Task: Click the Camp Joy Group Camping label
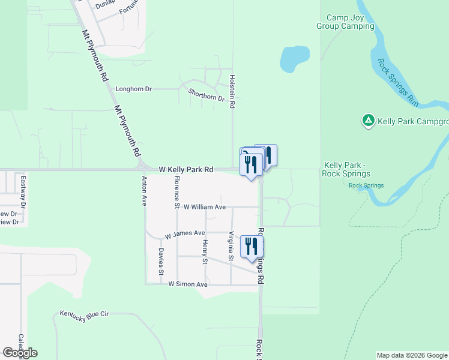(x=345, y=22)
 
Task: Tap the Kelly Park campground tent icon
(x=368, y=121)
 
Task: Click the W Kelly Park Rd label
(x=186, y=170)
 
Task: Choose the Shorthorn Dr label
(x=206, y=94)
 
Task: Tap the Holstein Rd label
(x=232, y=91)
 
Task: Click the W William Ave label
(x=204, y=207)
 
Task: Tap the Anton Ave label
(x=144, y=191)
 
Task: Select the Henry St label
(x=205, y=251)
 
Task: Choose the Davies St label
(x=161, y=261)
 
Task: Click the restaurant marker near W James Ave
(x=252, y=247)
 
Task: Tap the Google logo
(x=20, y=353)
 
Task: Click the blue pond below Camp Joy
(x=294, y=58)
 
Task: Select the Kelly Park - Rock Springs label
(x=346, y=169)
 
